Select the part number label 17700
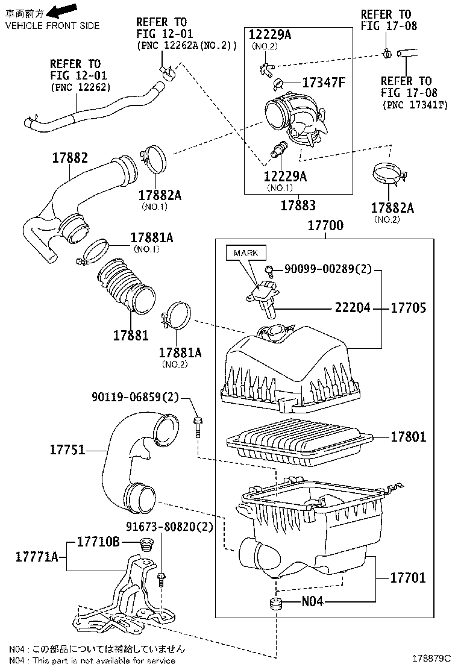click(325, 226)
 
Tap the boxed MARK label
click(245, 252)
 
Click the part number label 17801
click(408, 436)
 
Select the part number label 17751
click(67, 449)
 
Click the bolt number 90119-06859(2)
click(136, 397)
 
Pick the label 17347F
click(323, 83)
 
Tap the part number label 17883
click(298, 205)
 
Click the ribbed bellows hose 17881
click(127, 286)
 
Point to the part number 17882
click(69, 158)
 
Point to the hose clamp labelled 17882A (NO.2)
click(387, 174)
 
